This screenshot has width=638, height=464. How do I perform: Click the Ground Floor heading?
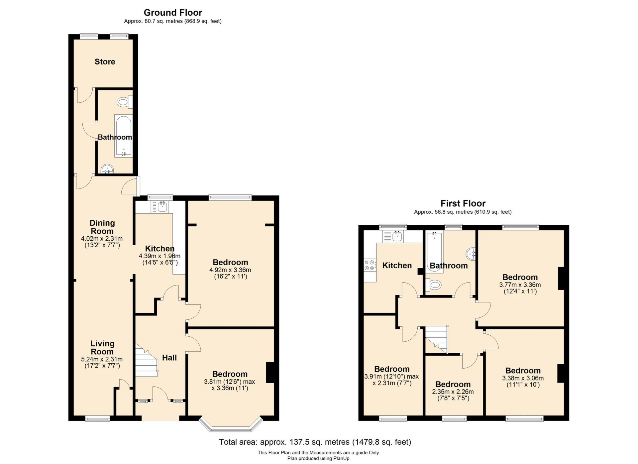click(x=173, y=13)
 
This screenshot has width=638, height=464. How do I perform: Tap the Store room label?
click(x=105, y=62)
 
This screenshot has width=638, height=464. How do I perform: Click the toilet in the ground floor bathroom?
click(x=124, y=102)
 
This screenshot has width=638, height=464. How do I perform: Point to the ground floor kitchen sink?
click(x=162, y=207)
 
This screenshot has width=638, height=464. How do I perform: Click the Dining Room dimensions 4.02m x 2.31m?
click(x=102, y=239)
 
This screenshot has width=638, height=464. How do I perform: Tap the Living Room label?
click(x=102, y=348)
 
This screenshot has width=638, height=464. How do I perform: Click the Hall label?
click(x=169, y=358)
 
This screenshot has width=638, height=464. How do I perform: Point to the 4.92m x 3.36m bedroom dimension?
click(x=230, y=270)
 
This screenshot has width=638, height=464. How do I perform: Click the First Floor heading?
click(x=463, y=203)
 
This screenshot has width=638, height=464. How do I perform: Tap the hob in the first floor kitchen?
click(x=370, y=265)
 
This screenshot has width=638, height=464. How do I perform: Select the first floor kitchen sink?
click(x=397, y=237)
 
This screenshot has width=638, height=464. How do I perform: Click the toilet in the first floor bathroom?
click(x=434, y=285)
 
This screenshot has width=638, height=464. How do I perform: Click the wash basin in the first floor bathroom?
click(x=472, y=254)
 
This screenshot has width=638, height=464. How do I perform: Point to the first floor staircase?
click(x=437, y=339)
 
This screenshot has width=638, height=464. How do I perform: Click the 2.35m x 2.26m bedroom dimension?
click(x=453, y=392)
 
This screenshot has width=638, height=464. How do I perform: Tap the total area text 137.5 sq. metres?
click(x=315, y=442)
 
